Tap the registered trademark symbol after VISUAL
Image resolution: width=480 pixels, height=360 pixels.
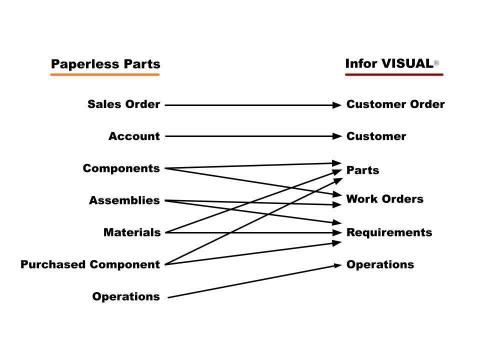click(x=437, y=62)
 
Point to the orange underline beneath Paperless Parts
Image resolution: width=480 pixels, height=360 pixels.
click(x=105, y=77)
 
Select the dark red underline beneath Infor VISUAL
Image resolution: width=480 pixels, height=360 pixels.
click(x=392, y=77)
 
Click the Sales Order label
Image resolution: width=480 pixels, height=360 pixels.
click(x=124, y=104)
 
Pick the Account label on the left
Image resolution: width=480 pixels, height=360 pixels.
click(x=134, y=136)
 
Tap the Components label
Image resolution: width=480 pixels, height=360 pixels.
click(x=121, y=168)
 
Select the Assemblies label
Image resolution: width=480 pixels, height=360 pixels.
click(x=124, y=200)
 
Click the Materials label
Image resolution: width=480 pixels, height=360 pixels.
click(x=131, y=232)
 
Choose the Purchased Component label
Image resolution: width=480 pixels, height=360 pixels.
click(x=90, y=264)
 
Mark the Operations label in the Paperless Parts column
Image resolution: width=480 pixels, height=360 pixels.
click(x=125, y=296)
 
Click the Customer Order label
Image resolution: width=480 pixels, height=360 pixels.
click(x=395, y=104)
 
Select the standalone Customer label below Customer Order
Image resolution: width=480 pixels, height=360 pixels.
click(x=376, y=136)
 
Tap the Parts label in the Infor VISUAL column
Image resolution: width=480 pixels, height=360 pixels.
click(x=363, y=170)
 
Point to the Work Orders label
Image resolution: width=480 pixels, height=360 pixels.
click(x=384, y=199)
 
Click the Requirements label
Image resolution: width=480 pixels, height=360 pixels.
click(x=389, y=232)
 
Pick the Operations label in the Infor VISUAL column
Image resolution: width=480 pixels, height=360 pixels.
click(x=380, y=264)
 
